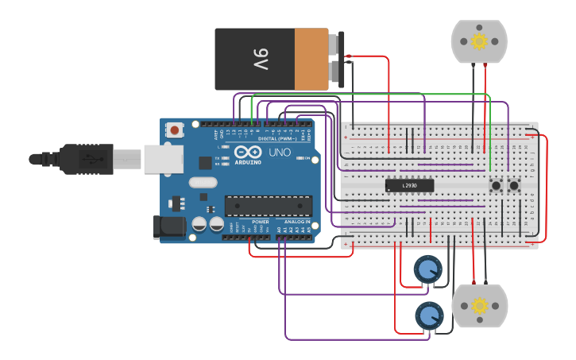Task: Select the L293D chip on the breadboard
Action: pos(409,185)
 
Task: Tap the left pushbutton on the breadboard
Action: pos(497,186)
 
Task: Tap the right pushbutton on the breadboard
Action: pos(514,186)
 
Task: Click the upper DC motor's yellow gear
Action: pos(479,41)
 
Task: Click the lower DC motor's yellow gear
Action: pos(479,306)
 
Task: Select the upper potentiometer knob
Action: pos(428,270)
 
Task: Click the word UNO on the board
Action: pos(280,152)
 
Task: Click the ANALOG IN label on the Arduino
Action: pos(297,222)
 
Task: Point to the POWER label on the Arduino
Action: pos(260,222)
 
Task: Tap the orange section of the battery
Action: pos(311,60)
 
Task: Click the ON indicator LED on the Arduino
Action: pos(297,159)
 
